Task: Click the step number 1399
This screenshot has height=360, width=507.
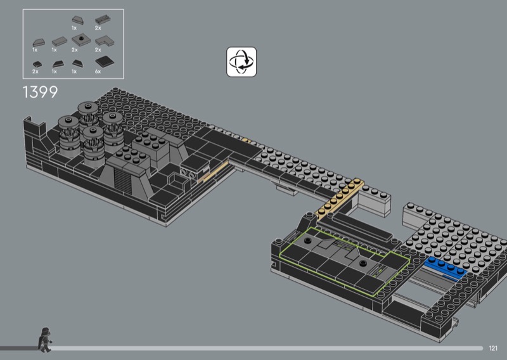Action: coord(40,92)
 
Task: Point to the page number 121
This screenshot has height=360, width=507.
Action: coord(493,348)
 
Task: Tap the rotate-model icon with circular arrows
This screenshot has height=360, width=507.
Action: coord(241,61)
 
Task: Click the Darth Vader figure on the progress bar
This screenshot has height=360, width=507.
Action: coord(44,340)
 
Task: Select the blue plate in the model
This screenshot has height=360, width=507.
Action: coord(446,267)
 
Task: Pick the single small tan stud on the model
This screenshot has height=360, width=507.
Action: coord(246,140)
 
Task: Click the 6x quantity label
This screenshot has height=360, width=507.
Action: coord(98,72)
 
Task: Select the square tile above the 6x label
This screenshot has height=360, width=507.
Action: coord(105,61)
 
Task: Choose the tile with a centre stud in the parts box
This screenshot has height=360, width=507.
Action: coord(81,40)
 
